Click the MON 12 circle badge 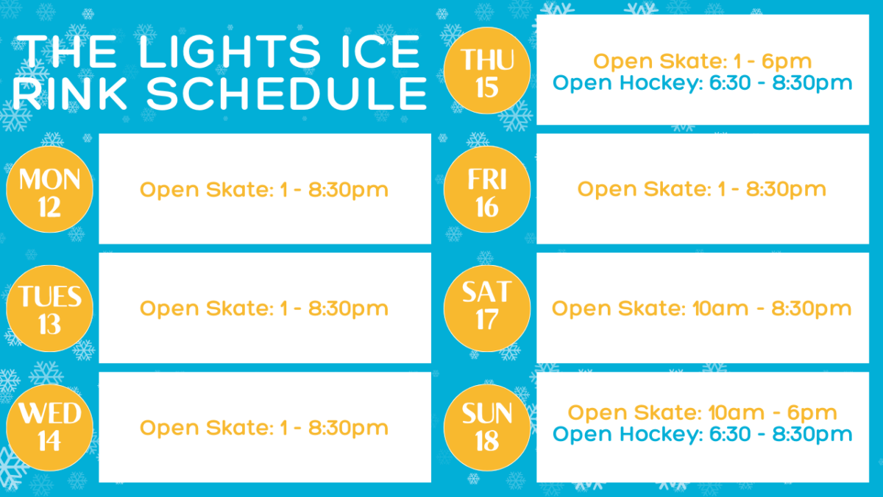tap(50, 189)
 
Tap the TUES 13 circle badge tap(50, 309)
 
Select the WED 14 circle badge tap(50, 428)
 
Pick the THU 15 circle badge tap(487, 71)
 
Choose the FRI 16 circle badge tap(487, 189)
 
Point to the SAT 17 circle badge tap(487, 309)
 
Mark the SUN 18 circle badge tap(487, 428)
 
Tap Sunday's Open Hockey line tap(703, 435)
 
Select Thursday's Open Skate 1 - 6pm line tap(703, 62)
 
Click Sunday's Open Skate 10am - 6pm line tap(703, 413)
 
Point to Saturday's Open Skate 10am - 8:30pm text tap(702, 309)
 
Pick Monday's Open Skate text tap(264, 191)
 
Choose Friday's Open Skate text tap(702, 190)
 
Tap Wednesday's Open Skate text tap(264, 429)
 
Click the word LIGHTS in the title tap(230, 52)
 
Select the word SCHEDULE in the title tap(287, 94)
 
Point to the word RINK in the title tap(69, 94)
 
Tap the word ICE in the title tap(380, 52)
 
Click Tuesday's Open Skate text tap(264, 309)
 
